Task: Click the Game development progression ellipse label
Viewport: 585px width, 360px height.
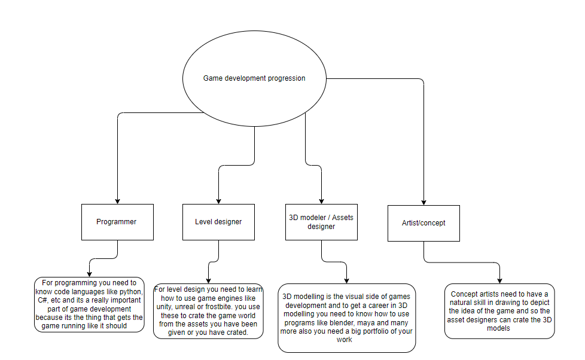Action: (x=254, y=78)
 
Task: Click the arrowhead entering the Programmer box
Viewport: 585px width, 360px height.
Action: (x=117, y=202)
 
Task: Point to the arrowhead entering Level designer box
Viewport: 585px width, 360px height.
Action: (x=219, y=202)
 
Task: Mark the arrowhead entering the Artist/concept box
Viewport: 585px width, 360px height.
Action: (x=424, y=203)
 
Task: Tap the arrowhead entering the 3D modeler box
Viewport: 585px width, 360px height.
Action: (x=322, y=202)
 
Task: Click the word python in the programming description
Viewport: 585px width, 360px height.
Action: (x=130, y=292)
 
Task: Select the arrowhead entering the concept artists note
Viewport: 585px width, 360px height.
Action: (x=499, y=281)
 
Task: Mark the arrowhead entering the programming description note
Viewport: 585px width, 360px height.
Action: (x=89, y=274)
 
